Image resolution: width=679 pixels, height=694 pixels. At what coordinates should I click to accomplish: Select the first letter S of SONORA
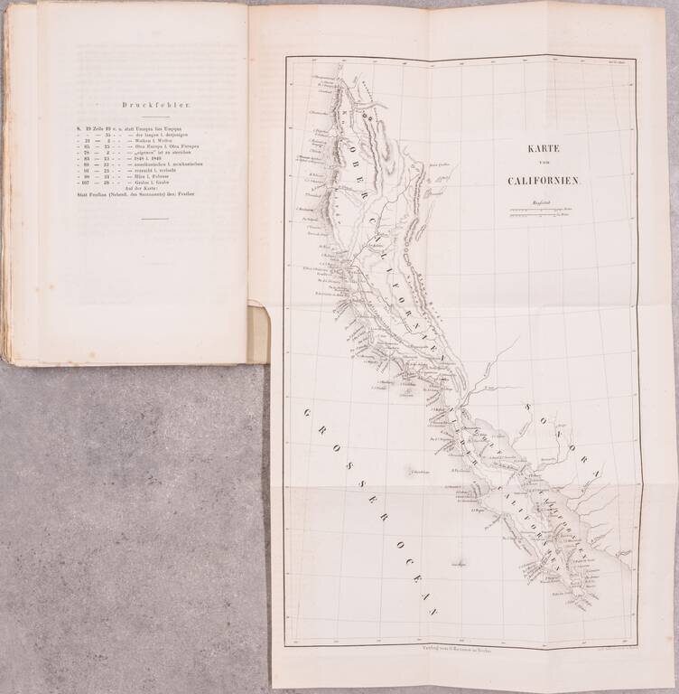pos(526,401)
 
